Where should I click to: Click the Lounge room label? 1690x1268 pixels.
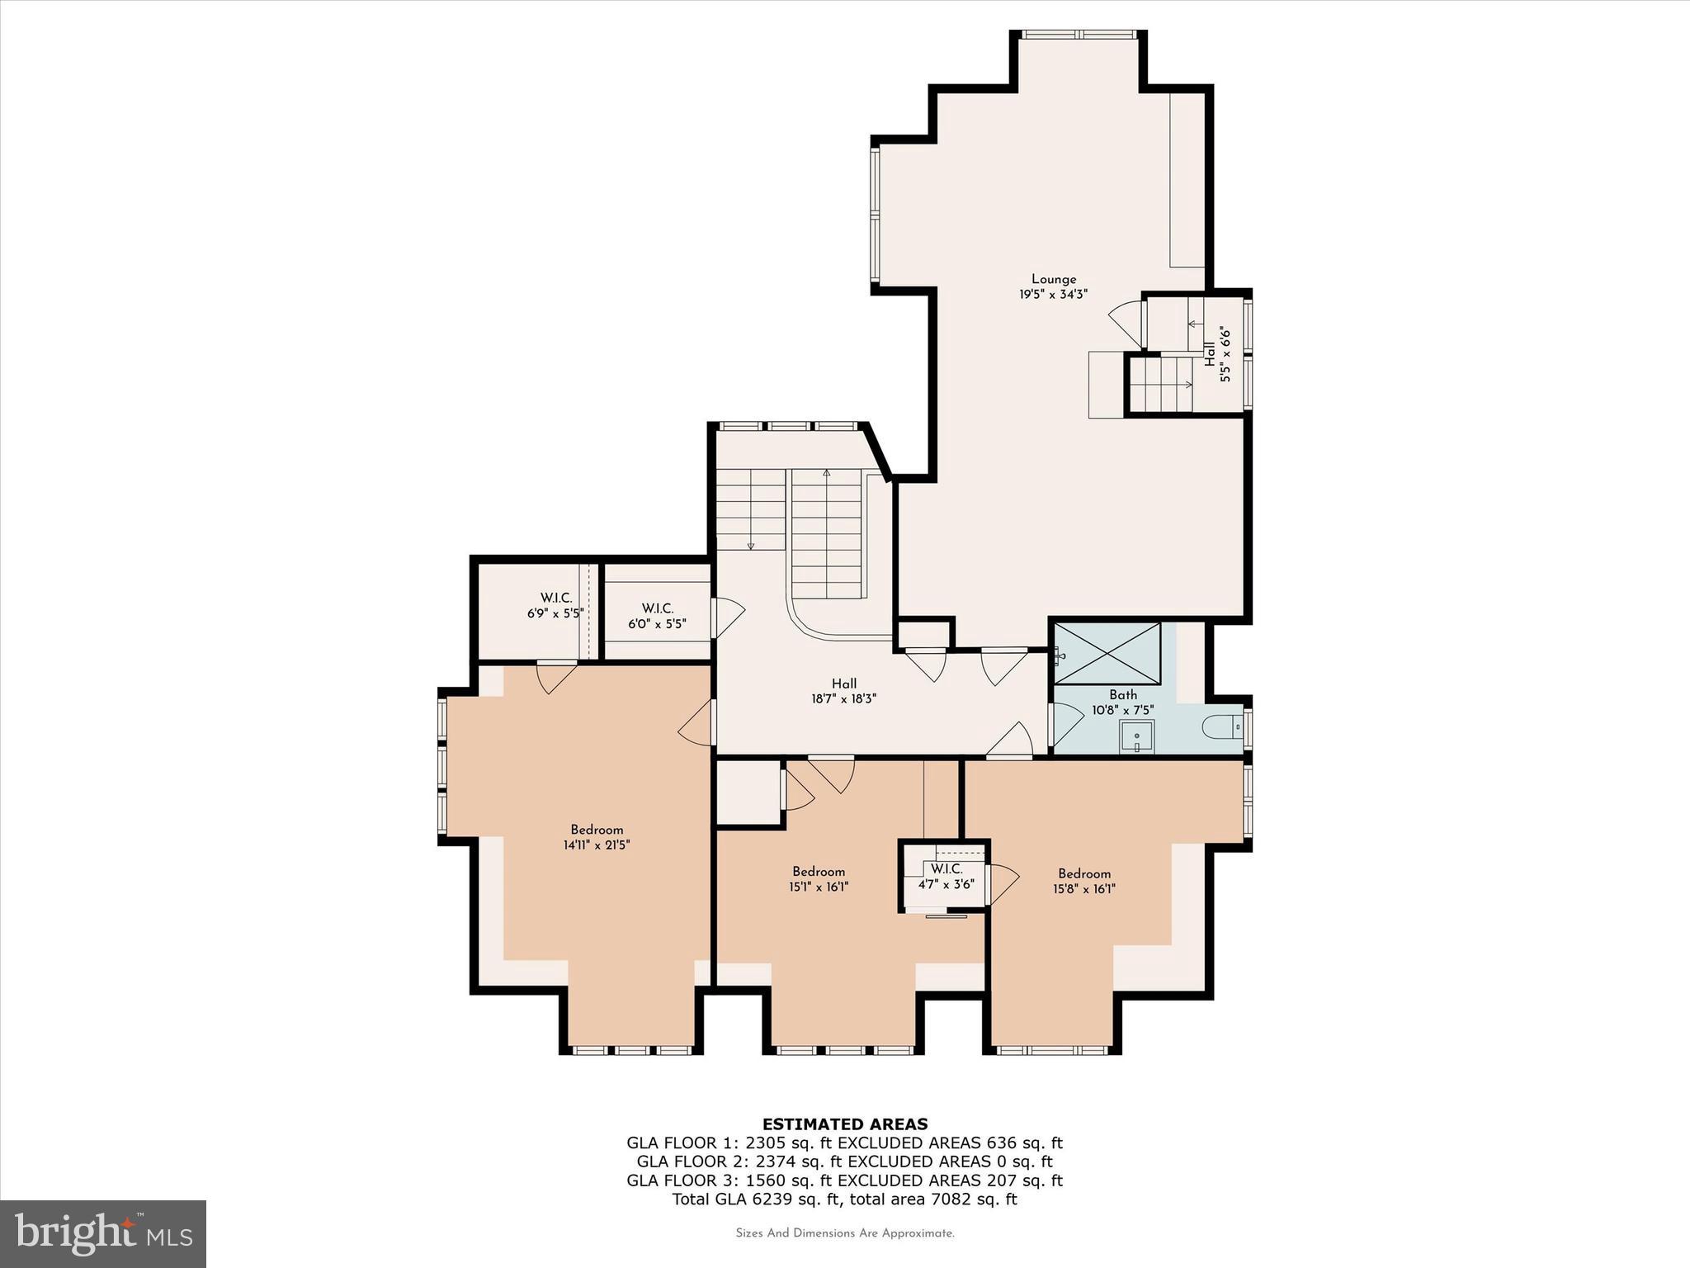click(x=1053, y=286)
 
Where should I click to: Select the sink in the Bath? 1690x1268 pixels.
click(x=1136, y=736)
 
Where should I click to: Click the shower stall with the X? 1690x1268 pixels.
click(x=1107, y=653)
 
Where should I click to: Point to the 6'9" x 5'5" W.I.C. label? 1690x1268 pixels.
click(x=555, y=606)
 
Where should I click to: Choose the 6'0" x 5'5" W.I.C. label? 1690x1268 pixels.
click(x=657, y=616)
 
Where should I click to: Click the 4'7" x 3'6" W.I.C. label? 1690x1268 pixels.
click(x=946, y=876)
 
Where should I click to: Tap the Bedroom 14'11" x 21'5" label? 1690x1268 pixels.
click(x=597, y=837)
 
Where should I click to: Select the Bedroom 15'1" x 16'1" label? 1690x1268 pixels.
click(x=819, y=879)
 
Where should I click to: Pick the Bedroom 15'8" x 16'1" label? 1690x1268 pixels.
click(x=1084, y=881)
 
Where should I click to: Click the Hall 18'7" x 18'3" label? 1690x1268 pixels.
click(x=843, y=690)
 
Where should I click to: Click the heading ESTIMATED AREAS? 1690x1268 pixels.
click(x=844, y=1124)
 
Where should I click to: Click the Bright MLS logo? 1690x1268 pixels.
click(x=103, y=1234)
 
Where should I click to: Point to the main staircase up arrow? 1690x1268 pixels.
click(x=826, y=474)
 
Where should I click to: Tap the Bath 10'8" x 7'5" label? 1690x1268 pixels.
click(x=1122, y=703)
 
